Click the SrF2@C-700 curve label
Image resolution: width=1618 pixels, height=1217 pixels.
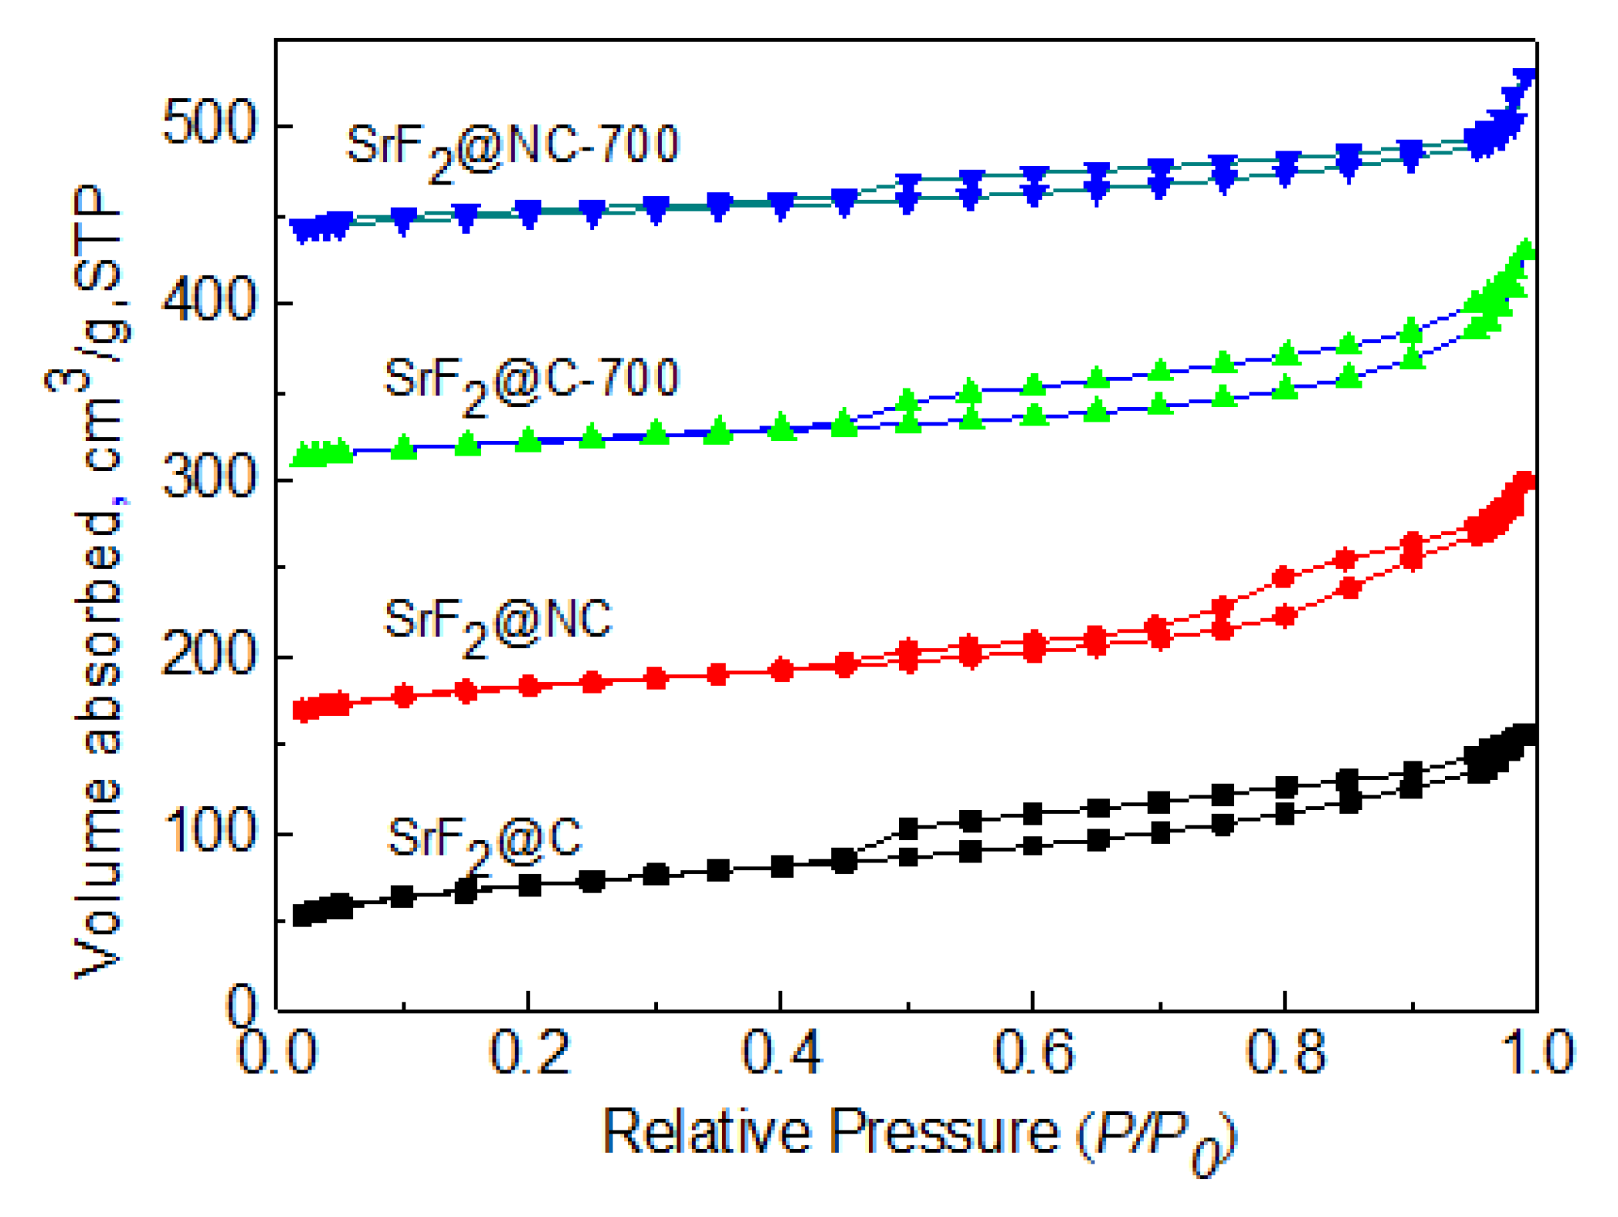pos(531,382)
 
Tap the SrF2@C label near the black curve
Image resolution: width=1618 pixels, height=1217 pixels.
pos(484,842)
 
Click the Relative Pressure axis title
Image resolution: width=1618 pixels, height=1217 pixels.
pos(919,1135)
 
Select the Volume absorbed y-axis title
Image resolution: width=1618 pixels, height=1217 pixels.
pos(97,579)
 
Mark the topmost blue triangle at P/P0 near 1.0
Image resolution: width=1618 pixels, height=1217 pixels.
pos(1524,78)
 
